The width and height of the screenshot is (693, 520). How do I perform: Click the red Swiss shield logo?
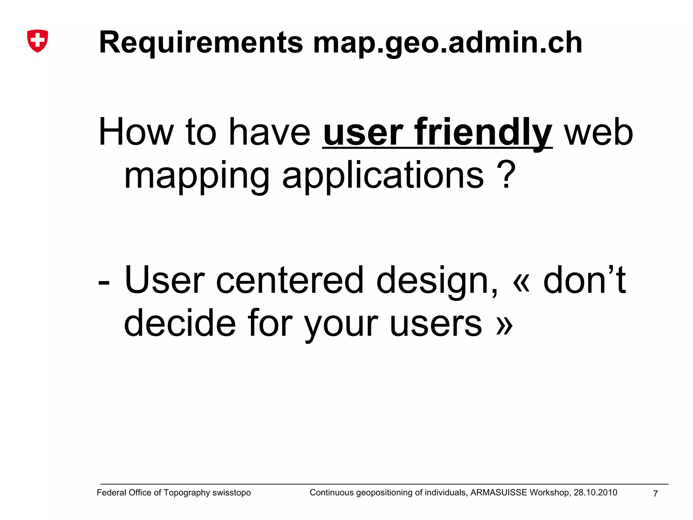point(38,41)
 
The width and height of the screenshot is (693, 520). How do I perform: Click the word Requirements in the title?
point(201,43)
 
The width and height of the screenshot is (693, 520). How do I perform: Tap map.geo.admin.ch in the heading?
point(447,43)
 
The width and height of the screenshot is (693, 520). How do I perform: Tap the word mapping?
point(197,176)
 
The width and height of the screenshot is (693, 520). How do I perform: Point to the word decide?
point(180,323)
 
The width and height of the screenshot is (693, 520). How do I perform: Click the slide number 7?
point(655,494)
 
